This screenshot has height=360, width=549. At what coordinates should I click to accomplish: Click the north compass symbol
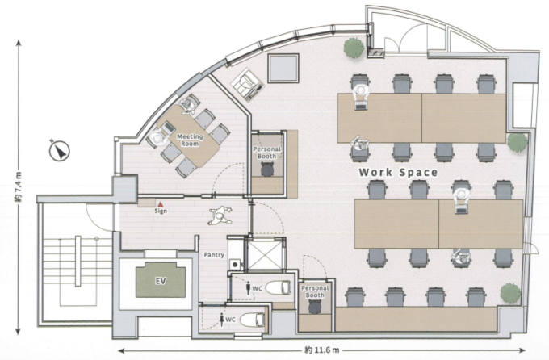[x=60, y=151]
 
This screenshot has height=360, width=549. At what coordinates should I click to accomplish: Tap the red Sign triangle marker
[x=161, y=204]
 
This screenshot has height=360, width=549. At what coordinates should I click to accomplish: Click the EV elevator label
[x=161, y=281]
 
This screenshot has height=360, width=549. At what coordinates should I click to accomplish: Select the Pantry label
[x=214, y=255]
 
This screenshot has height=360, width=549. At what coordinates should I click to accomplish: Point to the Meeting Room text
[x=190, y=140]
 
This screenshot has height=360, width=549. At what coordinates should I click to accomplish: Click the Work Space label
[x=398, y=172]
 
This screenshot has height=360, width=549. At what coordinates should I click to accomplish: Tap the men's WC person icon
[x=249, y=288]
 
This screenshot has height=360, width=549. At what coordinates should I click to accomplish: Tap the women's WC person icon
[x=222, y=320]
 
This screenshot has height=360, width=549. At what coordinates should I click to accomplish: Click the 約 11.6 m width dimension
[x=322, y=350]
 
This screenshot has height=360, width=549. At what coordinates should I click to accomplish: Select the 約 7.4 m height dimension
[x=19, y=186]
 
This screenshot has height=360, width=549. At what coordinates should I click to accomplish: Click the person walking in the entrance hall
[x=220, y=216]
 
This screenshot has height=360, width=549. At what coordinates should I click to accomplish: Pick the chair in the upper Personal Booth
[x=267, y=170]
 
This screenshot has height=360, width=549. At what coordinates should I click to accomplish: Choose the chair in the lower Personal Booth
[x=315, y=307]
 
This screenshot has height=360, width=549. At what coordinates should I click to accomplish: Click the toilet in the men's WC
[x=278, y=288]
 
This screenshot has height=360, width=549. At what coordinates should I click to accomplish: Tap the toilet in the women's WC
[x=252, y=320]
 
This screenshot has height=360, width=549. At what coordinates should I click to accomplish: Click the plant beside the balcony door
[x=354, y=48]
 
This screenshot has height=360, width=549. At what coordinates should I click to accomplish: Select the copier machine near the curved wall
[x=247, y=84]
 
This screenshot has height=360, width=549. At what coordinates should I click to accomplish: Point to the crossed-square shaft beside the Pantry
[x=265, y=255]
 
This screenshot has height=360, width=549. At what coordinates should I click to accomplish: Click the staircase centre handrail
[x=78, y=261]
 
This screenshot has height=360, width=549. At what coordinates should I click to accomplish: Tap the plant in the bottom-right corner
[x=509, y=293]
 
